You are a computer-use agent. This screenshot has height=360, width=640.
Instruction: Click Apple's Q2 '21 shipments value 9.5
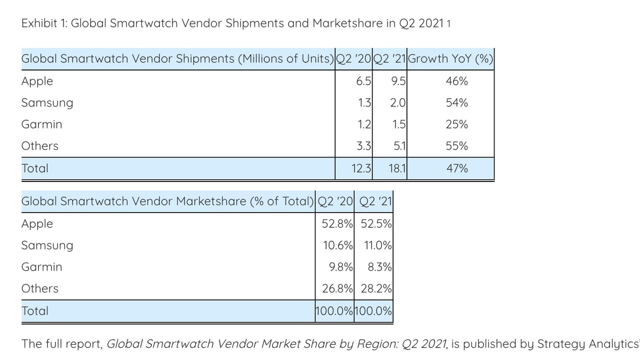point(398,81)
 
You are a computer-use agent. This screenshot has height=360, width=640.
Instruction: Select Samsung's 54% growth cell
point(456,103)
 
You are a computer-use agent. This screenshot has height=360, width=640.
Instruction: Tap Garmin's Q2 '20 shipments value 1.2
point(364,124)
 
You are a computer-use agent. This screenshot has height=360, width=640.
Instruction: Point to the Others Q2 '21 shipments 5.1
point(399,146)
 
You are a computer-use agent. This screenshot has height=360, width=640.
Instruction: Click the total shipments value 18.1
point(397,168)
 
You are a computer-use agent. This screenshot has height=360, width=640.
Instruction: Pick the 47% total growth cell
point(456,168)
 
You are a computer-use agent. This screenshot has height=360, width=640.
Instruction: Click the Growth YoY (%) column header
point(450,59)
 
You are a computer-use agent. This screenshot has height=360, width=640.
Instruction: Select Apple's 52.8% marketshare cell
point(337,223)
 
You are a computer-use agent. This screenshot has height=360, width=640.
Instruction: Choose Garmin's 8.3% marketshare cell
point(379,267)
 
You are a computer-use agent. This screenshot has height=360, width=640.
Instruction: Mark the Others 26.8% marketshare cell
point(337,288)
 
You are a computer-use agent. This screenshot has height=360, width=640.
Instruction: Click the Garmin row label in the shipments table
point(41,124)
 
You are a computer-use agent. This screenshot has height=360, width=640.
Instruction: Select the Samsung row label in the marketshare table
point(47,245)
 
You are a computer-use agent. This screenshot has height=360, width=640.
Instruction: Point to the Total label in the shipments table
point(34,168)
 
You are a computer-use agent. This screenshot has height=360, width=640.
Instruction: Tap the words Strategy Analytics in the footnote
point(588,344)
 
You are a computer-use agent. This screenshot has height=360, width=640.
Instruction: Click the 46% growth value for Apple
point(456,81)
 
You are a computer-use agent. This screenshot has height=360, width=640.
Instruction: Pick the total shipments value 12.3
point(361,168)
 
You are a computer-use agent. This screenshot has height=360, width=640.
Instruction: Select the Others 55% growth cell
point(456,146)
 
